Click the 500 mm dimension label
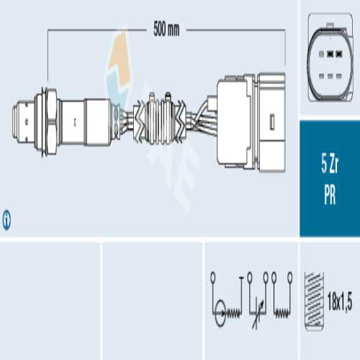click(x=166, y=29)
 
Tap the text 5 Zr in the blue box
click(x=330, y=164)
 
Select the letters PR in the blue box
click(x=330, y=194)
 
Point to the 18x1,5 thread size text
click(x=340, y=302)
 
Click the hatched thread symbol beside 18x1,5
click(x=314, y=301)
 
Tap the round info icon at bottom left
click(x=6, y=220)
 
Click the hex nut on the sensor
click(x=51, y=122)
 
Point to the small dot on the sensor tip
click(x=27, y=122)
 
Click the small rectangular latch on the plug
click(x=272, y=122)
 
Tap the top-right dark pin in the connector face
click(x=339, y=54)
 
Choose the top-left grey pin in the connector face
click(x=321, y=54)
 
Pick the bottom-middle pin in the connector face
click(x=330, y=76)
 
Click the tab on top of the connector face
click(x=330, y=25)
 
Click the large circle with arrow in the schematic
click(x=220, y=312)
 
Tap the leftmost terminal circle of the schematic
click(x=213, y=276)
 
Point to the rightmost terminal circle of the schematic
click(x=290, y=276)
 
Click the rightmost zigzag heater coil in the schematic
click(x=282, y=313)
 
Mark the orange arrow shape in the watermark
click(x=120, y=59)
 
